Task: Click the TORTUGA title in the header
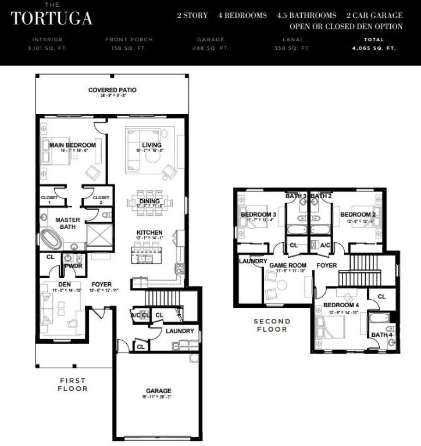[x=51, y=18]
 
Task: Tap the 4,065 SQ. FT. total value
[x=374, y=48]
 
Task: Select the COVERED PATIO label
[x=112, y=90]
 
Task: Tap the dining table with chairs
[x=150, y=202]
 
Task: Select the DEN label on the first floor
[x=65, y=284]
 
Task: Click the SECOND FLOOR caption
[x=271, y=325]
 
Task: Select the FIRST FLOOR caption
[x=73, y=384]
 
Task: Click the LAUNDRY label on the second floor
[x=253, y=261]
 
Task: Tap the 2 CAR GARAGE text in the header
[x=374, y=16]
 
